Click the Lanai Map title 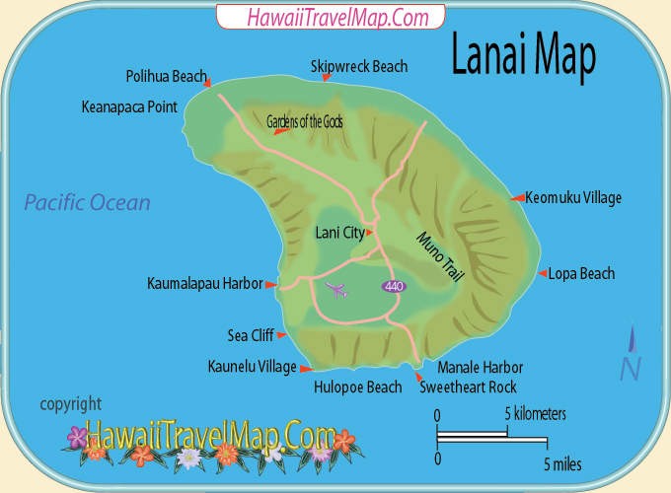[523, 57]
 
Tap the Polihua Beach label [166, 76]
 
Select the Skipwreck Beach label [358, 66]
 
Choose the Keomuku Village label [573, 197]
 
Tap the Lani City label [338, 233]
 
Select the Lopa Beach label [581, 273]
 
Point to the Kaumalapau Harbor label [205, 283]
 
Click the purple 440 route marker [394, 285]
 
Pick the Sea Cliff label [250, 334]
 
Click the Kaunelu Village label [252, 367]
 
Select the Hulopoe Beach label [357, 387]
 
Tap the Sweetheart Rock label [468, 387]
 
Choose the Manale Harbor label [480, 367]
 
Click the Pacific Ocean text [88, 203]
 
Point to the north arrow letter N [631, 368]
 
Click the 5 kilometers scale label [535, 414]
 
